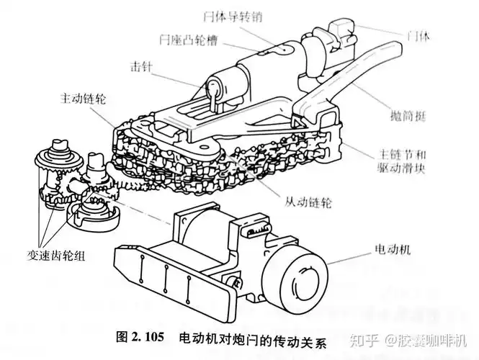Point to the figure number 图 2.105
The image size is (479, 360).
click(x=139, y=336)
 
